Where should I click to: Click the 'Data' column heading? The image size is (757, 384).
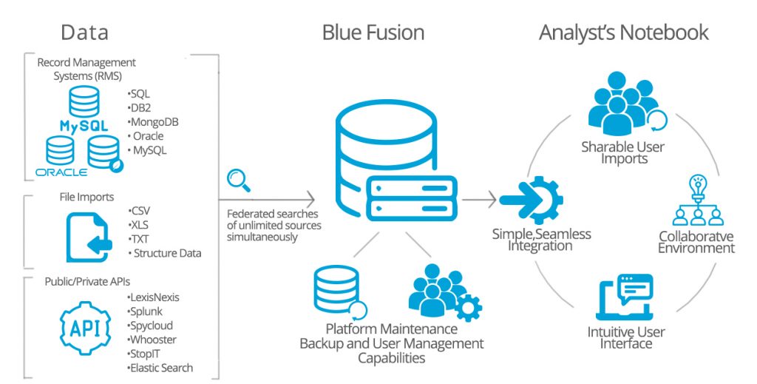click(84, 33)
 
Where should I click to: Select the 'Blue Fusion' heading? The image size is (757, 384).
click(373, 33)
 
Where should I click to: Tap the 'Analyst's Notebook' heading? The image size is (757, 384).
click(623, 33)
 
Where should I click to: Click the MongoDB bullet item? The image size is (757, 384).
click(154, 121)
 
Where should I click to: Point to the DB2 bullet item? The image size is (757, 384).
click(140, 107)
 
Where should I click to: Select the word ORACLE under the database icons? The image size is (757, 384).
click(61, 172)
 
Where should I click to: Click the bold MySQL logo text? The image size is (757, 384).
click(84, 127)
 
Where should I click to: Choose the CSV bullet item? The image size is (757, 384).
click(140, 210)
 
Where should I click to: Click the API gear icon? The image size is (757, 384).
click(86, 326)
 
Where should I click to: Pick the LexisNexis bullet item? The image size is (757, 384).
click(154, 297)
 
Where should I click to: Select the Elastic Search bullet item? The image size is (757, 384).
click(160, 368)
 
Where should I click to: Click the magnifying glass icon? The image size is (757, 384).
click(238, 180)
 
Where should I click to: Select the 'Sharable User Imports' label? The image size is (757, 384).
click(622, 152)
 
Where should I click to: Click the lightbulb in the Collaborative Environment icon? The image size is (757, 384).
click(696, 184)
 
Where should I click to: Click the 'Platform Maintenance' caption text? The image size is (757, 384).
click(392, 329)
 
